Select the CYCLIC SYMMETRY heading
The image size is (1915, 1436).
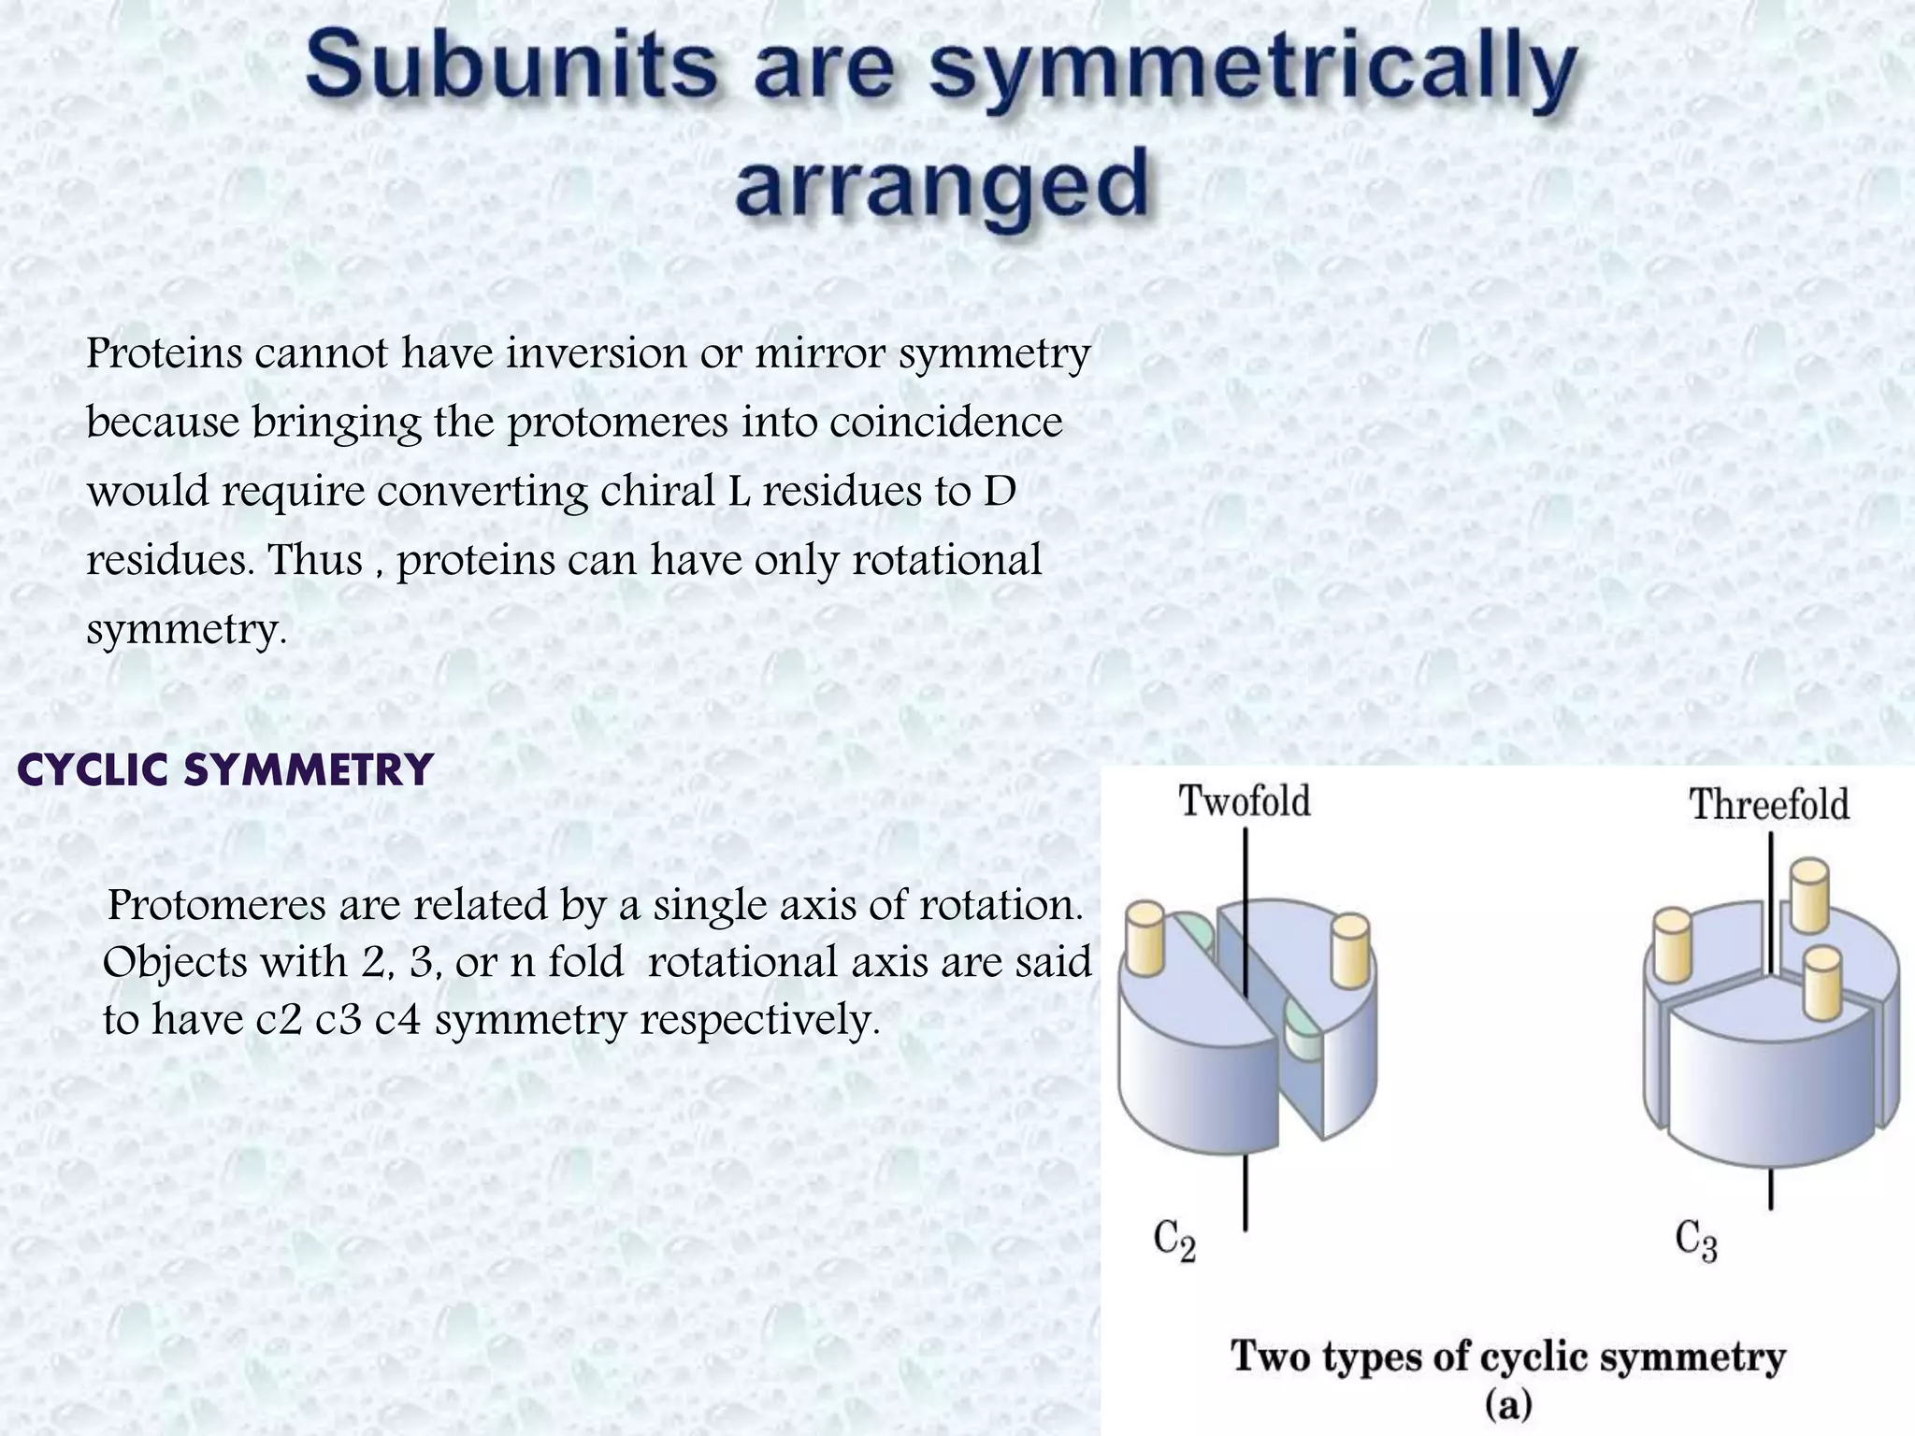pos(225,770)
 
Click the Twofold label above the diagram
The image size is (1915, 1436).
pos(1245,802)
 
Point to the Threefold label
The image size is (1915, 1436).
pos(1769,805)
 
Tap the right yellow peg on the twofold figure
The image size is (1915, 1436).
pos(1350,951)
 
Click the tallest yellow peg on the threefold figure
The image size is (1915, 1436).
pos(1808,895)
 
